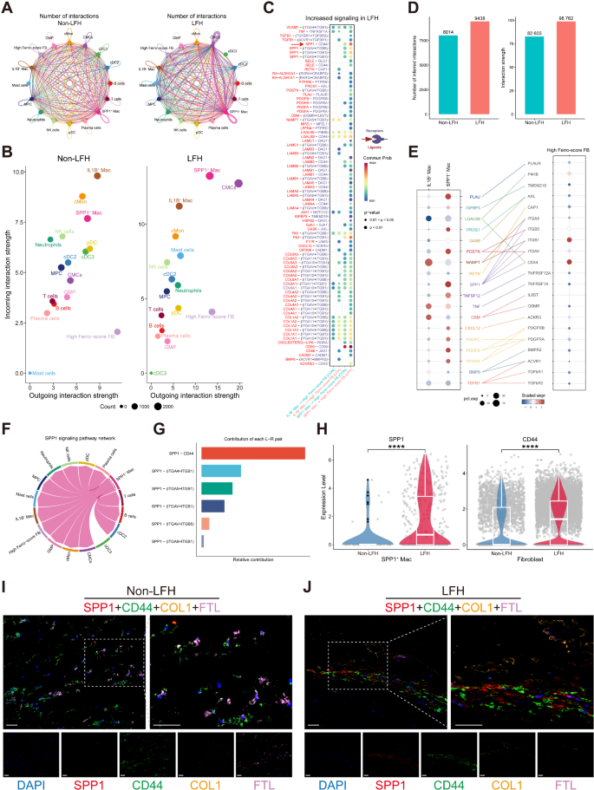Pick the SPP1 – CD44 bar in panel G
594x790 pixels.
click(x=252, y=453)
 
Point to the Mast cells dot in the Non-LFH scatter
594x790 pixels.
click(x=29, y=373)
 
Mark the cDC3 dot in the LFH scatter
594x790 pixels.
click(x=150, y=373)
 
